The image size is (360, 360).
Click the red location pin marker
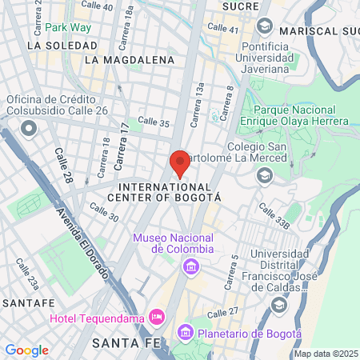coord(180,162)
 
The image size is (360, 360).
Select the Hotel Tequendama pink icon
coord(157,318)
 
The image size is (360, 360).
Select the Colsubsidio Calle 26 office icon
coord(29,127)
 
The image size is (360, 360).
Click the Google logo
coord(26,350)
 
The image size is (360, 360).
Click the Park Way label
coord(68,27)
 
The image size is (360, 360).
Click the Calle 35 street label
coord(153,123)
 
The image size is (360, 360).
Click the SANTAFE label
coord(28,303)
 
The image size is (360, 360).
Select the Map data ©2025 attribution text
coord(326,354)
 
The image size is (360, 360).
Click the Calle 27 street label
coord(223,314)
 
